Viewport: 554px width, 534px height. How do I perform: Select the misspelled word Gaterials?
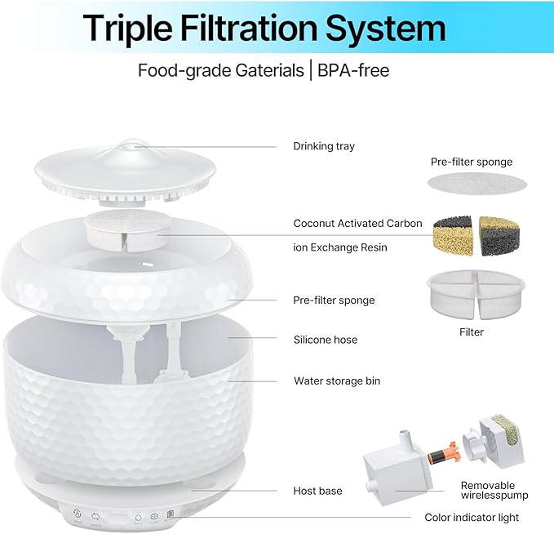[261, 70]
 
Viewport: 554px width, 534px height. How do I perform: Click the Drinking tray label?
[324, 146]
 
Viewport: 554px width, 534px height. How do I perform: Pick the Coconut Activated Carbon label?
[357, 223]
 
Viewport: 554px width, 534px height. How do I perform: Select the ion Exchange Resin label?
[340, 247]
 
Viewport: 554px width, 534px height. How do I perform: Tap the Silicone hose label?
[325, 339]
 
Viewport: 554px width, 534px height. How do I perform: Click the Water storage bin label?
[336, 380]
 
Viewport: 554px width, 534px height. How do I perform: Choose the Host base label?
[317, 491]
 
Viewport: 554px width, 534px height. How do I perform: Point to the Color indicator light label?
[472, 517]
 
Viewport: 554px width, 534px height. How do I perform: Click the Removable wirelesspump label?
[494, 490]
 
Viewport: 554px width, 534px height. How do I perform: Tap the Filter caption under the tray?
[471, 332]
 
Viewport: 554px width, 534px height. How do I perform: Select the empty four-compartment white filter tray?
[471, 296]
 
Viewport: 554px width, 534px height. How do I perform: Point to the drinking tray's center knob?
[126, 145]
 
